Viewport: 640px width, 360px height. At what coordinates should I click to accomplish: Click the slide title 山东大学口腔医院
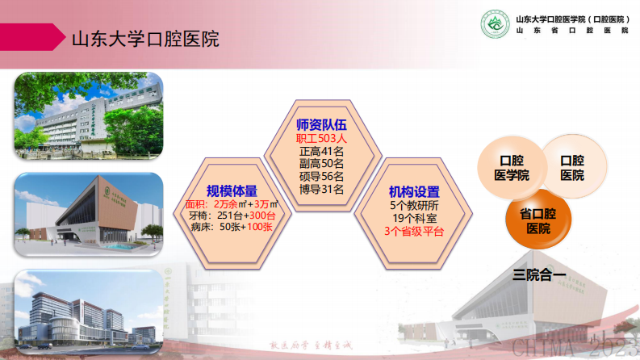145,38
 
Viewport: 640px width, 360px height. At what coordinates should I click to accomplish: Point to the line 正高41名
321,151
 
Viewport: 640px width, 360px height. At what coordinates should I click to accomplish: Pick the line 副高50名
321,164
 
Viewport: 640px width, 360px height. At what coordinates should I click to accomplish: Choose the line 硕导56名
321,177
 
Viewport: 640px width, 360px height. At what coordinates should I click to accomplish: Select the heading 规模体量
232,190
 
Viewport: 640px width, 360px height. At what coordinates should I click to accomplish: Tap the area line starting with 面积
232,204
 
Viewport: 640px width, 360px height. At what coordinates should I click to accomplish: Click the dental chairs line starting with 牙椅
232,216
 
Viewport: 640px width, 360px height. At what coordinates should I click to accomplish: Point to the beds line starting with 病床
232,228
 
